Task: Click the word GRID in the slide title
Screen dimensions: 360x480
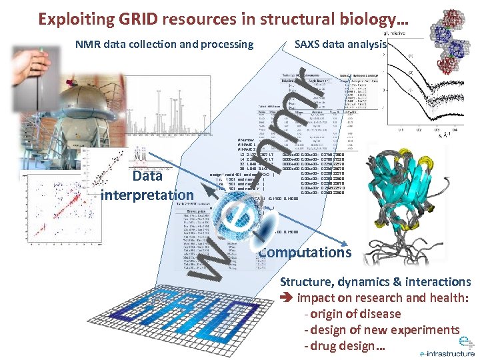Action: [138, 18]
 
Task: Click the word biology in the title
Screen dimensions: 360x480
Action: [366, 18]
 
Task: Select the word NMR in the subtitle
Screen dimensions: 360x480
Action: [88, 45]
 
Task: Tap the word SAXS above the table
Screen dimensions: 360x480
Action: [308, 44]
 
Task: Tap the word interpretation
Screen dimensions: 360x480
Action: [147, 195]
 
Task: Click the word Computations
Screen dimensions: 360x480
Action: [305, 252]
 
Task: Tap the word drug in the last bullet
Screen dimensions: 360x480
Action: [323, 346]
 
